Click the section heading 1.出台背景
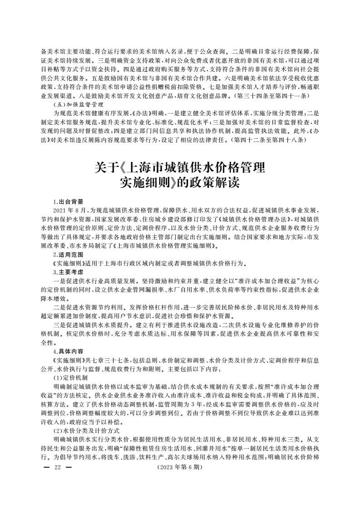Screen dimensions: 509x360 click(x=68, y=201)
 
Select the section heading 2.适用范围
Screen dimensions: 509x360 click(x=68, y=255)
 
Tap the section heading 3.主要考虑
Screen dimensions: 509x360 click(x=68, y=272)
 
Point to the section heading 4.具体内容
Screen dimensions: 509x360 click(x=68, y=351)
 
